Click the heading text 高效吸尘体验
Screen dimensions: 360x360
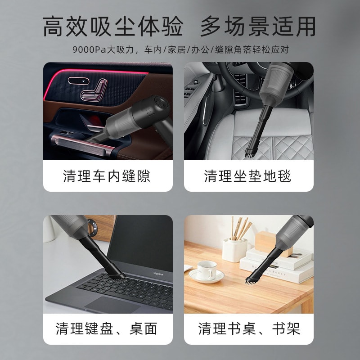click(x=112, y=27)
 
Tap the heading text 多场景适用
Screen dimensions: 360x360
click(x=258, y=27)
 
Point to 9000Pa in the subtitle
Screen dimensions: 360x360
click(x=87, y=49)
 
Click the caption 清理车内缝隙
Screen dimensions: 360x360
click(x=107, y=176)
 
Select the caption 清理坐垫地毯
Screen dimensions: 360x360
click(x=248, y=176)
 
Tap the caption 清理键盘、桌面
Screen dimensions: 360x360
click(x=107, y=329)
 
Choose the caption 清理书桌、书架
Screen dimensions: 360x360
click(x=249, y=329)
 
